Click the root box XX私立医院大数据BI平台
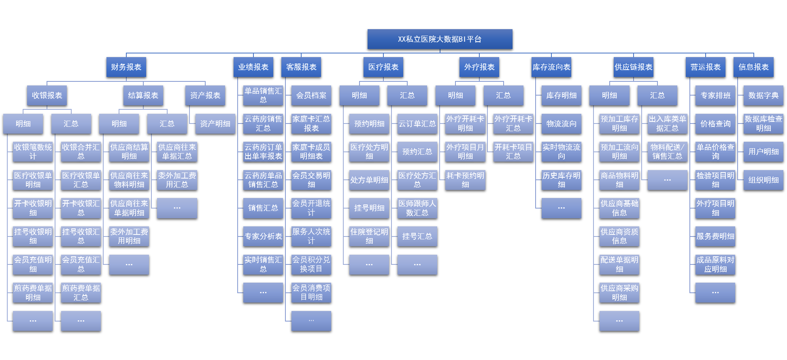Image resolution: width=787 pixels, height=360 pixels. tap(440, 39)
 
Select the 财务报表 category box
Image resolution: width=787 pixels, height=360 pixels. tap(126, 67)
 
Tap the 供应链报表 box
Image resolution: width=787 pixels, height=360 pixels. tap(633, 67)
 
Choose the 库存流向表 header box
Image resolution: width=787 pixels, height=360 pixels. tap(551, 67)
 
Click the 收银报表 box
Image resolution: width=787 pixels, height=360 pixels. tap(47, 96)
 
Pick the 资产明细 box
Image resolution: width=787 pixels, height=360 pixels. tap(215, 124)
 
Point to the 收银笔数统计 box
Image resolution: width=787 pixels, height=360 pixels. tap(33, 152)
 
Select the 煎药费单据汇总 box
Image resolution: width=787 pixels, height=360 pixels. tap(81, 293)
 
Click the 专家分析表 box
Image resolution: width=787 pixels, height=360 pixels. tap(263, 236)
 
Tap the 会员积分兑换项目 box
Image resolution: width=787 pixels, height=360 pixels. tap(311, 264)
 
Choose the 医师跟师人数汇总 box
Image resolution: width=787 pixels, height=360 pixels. tap(417, 208)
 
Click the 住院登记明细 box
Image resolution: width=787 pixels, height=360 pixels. tap(369, 236)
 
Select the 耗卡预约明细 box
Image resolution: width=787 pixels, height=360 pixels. tap(465, 180)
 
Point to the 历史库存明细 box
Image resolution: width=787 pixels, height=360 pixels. tap(561, 180)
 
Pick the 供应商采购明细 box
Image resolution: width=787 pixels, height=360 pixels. tap(619, 293)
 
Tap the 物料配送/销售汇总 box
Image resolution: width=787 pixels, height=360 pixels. tap(667, 152)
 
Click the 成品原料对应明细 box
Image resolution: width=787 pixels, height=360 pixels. tap(715, 264)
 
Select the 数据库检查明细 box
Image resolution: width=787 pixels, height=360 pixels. tap(763, 124)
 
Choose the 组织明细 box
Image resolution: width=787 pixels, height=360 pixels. tap(763, 180)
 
